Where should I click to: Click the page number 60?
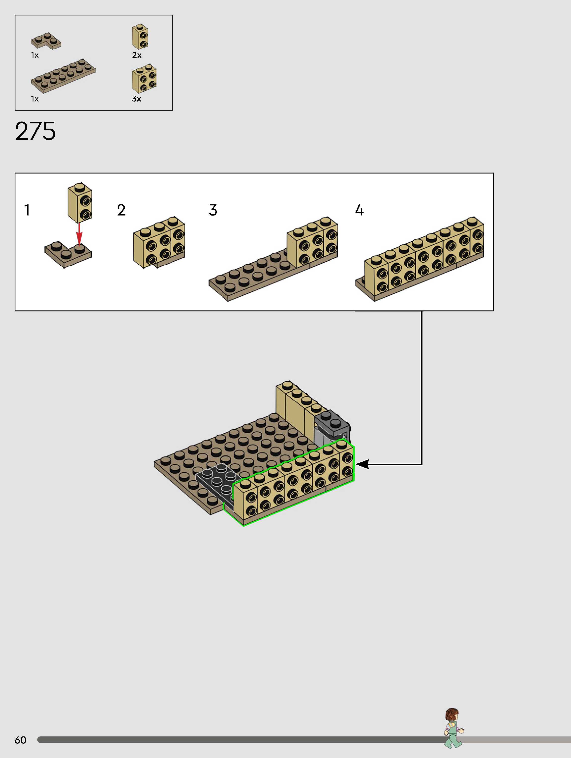[x=21, y=740]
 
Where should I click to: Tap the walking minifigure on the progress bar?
[x=453, y=728]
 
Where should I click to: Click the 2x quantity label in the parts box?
[x=137, y=55]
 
